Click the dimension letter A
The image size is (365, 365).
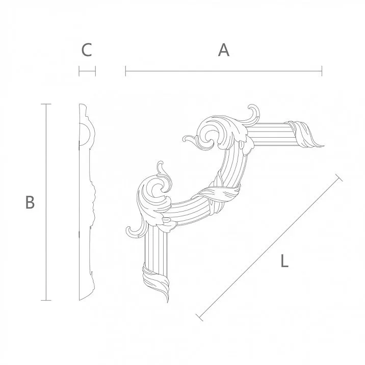tap(223, 50)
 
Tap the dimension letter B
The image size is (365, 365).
tap(30, 202)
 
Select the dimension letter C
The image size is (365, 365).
tap(87, 50)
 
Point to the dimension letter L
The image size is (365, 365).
tap(284, 262)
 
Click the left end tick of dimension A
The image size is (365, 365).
tap(126, 71)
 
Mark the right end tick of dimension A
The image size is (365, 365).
tap(322, 71)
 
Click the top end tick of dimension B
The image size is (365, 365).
tap(46, 104)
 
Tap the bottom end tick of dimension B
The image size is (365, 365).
tap(46, 300)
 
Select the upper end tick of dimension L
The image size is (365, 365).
tap(339, 177)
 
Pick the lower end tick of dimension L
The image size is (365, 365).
tap(200, 318)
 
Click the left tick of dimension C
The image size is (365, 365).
tap(79, 71)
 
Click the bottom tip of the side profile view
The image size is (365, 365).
tap(82, 300)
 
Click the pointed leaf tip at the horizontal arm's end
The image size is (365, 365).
tap(322, 145)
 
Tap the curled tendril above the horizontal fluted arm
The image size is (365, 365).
tap(252, 113)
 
